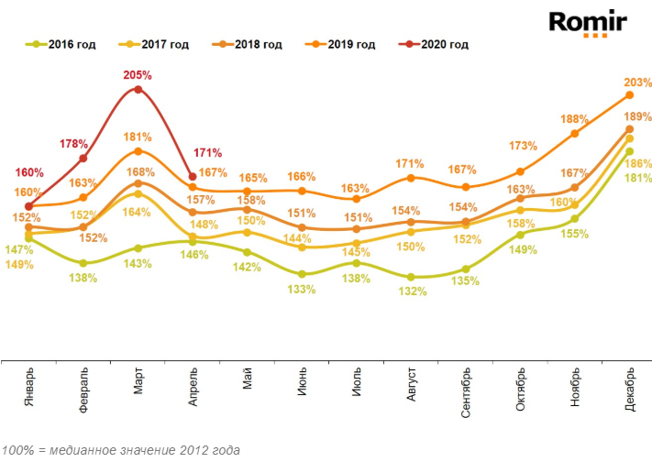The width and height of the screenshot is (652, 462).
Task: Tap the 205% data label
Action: pyautogui.click(x=138, y=74)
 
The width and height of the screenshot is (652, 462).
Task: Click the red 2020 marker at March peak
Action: pyautogui.click(x=138, y=89)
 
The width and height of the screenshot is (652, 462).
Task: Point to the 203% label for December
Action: pyautogui.click(x=635, y=82)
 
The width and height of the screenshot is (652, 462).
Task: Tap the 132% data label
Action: pyautogui.click(x=413, y=291)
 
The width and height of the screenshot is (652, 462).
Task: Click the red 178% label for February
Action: pyautogui.click(x=74, y=144)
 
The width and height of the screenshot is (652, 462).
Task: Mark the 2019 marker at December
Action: pyautogui.click(x=630, y=94)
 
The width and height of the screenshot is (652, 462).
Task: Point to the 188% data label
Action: pyautogui.click(x=574, y=118)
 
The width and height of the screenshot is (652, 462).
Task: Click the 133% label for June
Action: pyautogui.click(x=302, y=289)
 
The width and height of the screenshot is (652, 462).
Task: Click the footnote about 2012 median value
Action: pyautogui.click(x=121, y=450)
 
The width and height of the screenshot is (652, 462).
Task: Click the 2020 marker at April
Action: pyautogui.click(x=192, y=176)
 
